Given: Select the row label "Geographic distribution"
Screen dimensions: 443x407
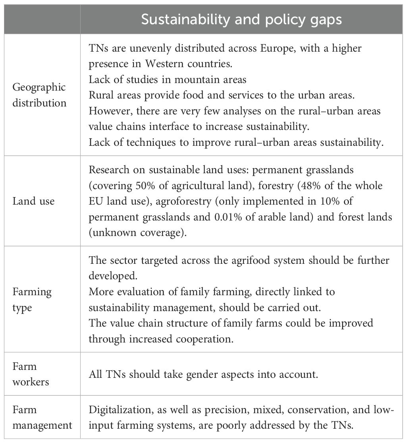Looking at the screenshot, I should tap(39, 95).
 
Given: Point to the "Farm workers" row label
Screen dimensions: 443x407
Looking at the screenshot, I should tap(31, 373).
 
